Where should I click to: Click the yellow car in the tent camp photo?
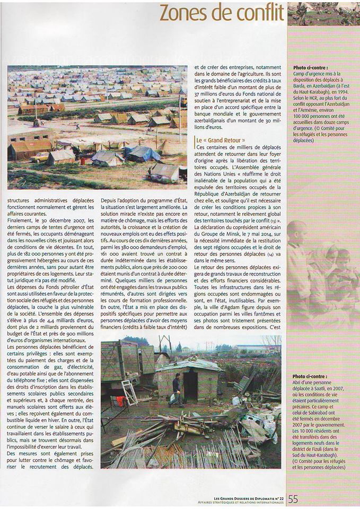pos(40,157)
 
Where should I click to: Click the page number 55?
pos(293,499)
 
